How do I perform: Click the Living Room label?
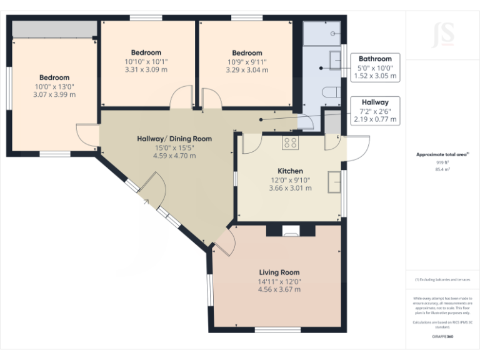click(279, 272)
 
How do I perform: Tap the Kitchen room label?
click(290, 171)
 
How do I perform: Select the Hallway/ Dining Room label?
click(174, 139)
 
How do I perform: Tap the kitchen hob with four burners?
click(290, 143)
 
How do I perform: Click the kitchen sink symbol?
click(336, 181)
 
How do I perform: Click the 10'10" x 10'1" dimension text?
click(146, 61)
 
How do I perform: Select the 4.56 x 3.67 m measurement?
click(279, 289)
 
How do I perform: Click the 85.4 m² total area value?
click(442, 169)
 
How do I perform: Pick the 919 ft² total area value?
click(442, 162)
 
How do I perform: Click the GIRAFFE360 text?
click(442, 336)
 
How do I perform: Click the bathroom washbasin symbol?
click(335, 61)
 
